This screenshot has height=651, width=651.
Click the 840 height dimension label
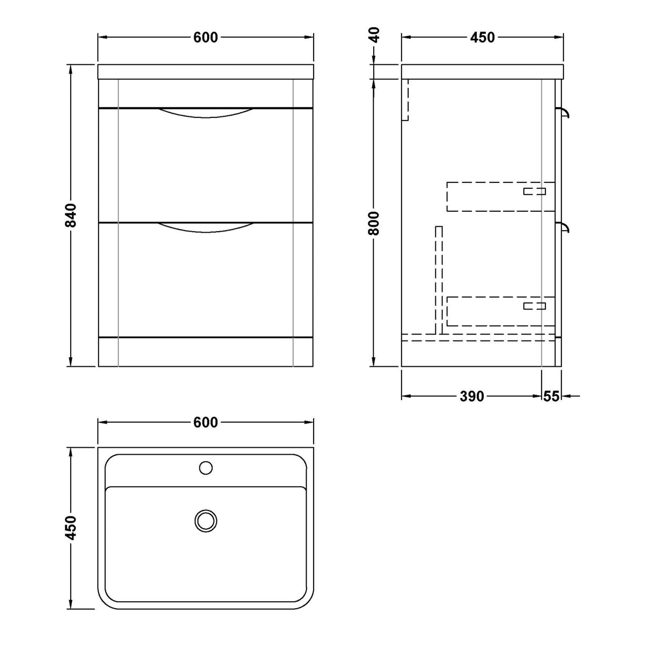coord(70,216)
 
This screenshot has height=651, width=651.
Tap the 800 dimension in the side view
coord(374,223)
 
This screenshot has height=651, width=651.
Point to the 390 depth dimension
coord(471,396)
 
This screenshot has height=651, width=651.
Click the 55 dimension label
coord(551,396)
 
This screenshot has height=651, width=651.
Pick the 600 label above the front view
coord(205,38)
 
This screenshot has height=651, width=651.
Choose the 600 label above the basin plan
coord(205,422)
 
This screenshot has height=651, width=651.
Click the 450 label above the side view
coord(483,38)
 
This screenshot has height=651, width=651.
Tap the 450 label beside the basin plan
coord(70,528)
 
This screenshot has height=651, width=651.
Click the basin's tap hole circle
coord(206,468)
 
